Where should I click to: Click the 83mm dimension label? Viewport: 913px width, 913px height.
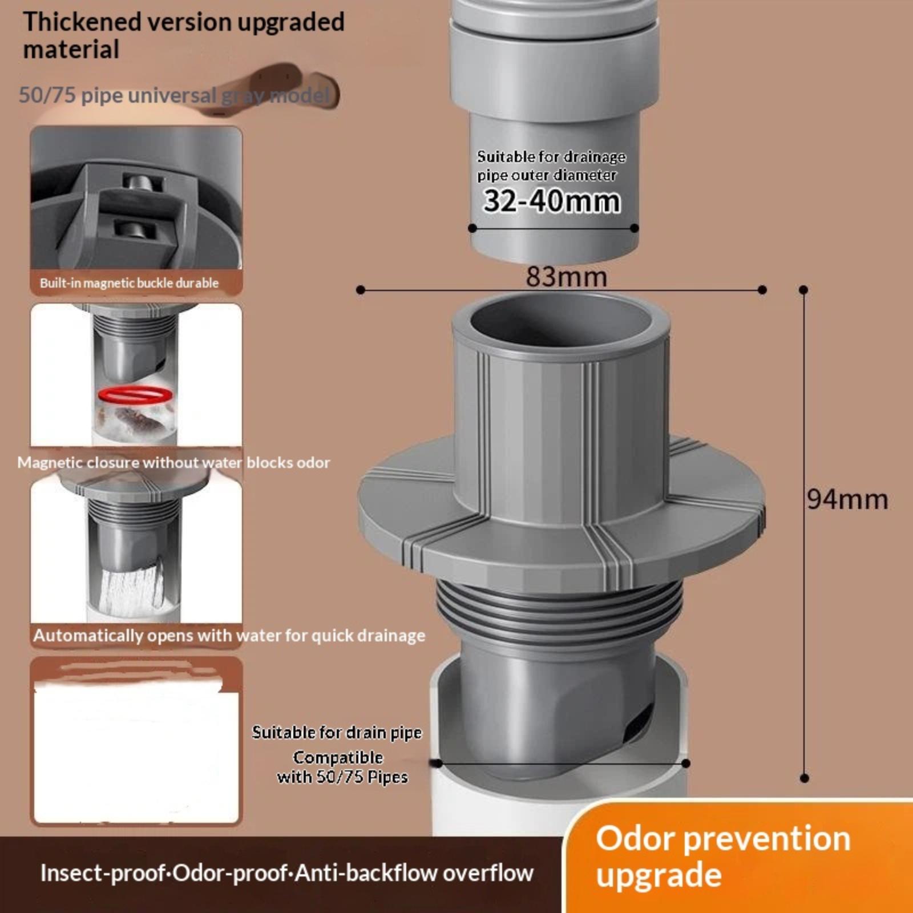tap(566, 277)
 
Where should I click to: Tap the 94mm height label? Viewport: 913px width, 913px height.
tap(847, 499)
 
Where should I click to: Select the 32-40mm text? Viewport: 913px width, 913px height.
tap(552, 201)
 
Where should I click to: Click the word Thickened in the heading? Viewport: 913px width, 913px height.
tap(82, 22)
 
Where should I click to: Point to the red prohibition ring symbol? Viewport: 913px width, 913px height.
tap(135, 394)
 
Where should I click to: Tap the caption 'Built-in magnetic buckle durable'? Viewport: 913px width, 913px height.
tap(130, 283)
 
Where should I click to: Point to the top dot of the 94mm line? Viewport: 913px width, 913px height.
tap(803, 290)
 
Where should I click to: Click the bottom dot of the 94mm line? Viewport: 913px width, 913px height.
tap(805, 778)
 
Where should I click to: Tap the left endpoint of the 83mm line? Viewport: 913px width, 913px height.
tap(360, 290)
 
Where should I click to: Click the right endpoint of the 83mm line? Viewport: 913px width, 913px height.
tap(762, 290)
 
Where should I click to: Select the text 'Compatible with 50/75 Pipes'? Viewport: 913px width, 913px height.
tap(342, 767)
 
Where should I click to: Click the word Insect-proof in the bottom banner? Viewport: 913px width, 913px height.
tap(103, 873)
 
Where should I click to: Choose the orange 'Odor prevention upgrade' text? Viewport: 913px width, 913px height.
tap(723, 857)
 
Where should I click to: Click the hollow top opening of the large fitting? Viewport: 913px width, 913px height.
tap(560, 321)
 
